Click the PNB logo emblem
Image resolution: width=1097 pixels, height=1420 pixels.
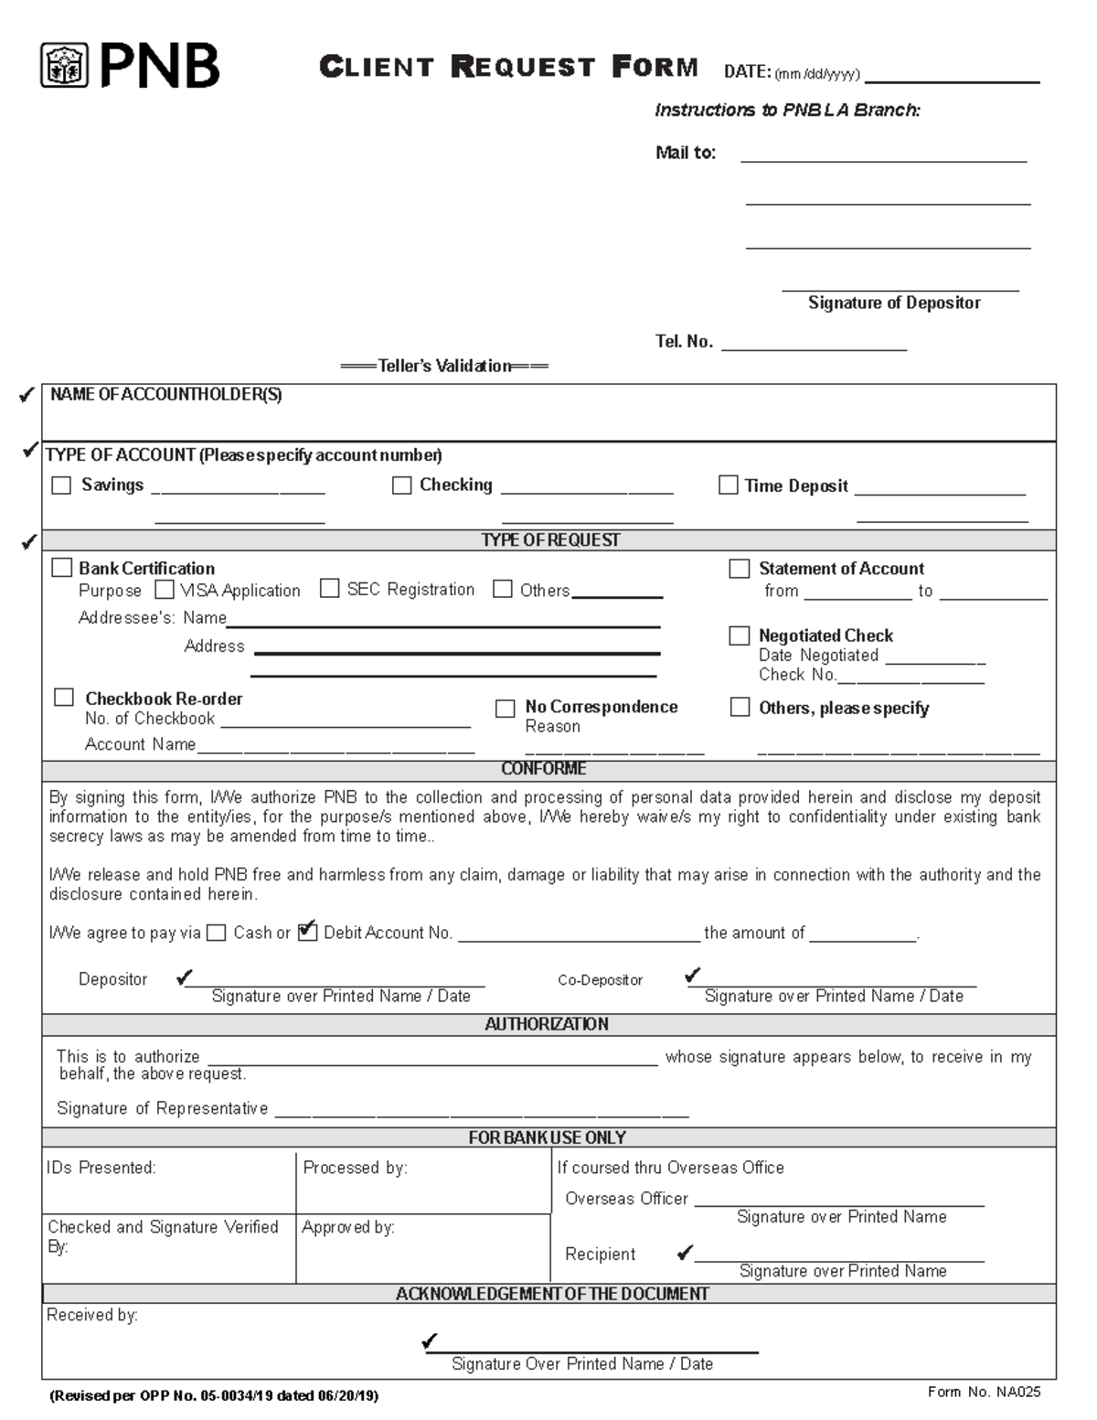pyautogui.click(x=64, y=66)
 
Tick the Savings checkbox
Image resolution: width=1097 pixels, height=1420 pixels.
pyautogui.click(x=61, y=486)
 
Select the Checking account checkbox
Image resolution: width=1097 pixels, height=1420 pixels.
pyautogui.click(x=401, y=486)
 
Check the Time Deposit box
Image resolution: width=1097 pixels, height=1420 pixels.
pyautogui.click(x=728, y=486)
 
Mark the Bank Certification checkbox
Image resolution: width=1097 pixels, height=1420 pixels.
pyautogui.click(x=61, y=568)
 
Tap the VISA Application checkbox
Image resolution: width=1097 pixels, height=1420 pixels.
pyautogui.click(x=165, y=590)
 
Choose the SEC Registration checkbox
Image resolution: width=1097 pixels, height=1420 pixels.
pyautogui.click(x=330, y=589)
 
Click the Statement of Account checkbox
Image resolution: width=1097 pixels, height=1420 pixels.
pyautogui.click(x=739, y=569)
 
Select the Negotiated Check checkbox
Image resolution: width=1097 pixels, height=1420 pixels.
pyautogui.click(x=739, y=635)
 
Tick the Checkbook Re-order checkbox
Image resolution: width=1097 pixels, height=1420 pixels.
pyautogui.click(x=63, y=698)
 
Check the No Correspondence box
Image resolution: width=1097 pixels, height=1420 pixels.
pyautogui.click(x=505, y=709)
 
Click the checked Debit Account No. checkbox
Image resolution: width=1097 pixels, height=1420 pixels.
pyautogui.click(x=308, y=932)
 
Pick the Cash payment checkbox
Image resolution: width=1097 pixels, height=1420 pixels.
pyautogui.click(x=216, y=933)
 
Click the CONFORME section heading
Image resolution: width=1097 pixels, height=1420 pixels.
pyautogui.click(x=544, y=769)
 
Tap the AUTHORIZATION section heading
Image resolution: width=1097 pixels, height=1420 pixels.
pyautogui.click(x=547, y=1024)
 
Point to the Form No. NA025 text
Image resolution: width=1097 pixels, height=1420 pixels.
pyautogui.click(x=984, y=1393)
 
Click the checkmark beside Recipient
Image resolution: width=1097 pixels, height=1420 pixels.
pyautogui.click(x=685, y=1253)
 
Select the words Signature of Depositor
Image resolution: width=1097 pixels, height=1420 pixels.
pyautogui.click(x=894, y=303)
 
